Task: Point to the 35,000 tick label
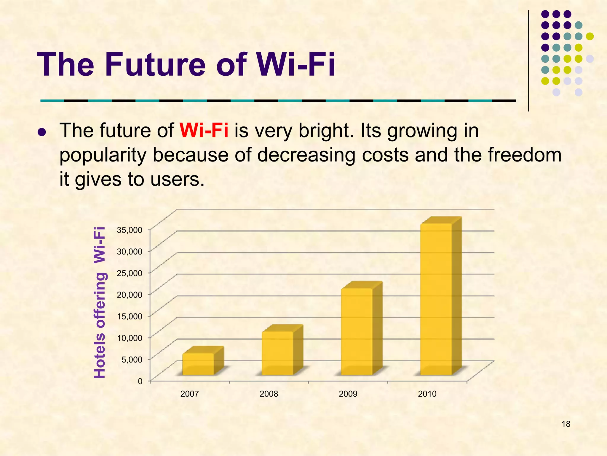(x=130, y=230)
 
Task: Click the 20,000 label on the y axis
(x=130, y=294)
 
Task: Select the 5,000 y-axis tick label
(x=132, y=360)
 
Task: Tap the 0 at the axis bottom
(x=140, y=381)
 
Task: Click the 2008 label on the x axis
(x=269, y=394)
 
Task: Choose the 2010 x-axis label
(x=427, y=394)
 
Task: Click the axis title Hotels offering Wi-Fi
(x=100, y=303)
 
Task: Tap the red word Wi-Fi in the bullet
(x=204, y=130)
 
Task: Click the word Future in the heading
(x=155, y=64)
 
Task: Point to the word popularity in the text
(x=103, y=155)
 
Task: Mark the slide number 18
(x=566, y=424)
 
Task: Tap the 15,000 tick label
(x=130, y=316)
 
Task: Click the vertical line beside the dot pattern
(x=528, y=61)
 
